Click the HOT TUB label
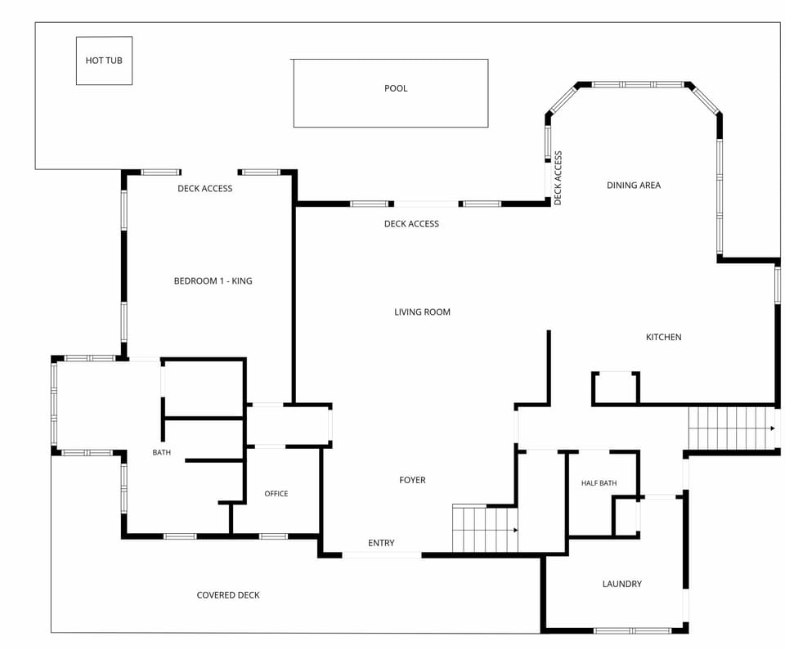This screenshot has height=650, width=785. pyautogui.click(x=104, y=61)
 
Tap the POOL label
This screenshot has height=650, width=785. pyautogui.click(x=396, y=88)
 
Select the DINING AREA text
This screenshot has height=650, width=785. pyautogui.click(x=633, y=186)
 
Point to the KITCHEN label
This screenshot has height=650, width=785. pyautogui.click(x=663, y=337)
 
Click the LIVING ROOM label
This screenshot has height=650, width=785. pyautogui.click(x=422, y=312)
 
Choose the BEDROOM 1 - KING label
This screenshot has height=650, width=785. pyautogui.click(x=213, y=281)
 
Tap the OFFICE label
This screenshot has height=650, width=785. pyautogui.click(x=276, y=494)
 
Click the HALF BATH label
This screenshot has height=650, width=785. pyautogui.click(x=599, y=483)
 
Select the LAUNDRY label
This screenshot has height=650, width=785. pyautogui.click(x=621, y=584)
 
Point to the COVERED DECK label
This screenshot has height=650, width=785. pyautogui.click(x=228, y=595)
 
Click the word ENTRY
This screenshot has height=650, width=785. pyautogui.click(x=381, y=543)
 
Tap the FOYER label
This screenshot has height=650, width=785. pyautogui.click(x=412, y=480)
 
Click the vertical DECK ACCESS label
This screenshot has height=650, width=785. pyautogui.click(x=558, y=178)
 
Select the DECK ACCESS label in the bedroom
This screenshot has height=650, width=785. pyautogui.click(x=204, y=189)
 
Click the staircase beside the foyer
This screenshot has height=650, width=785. pyautogui.click(x=485, y=529)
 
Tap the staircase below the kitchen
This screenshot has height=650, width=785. pyautogui.click(x=733, y=428)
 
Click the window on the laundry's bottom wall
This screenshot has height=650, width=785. pyautogui.click(x=632, y=630)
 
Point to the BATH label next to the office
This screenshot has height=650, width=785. pyautogui.click(x=161, y=453)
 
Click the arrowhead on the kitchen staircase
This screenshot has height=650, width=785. pyautogui.click(x=773, y=428)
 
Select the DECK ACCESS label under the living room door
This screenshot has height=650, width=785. pyautogui.click(x=411, y=224)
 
